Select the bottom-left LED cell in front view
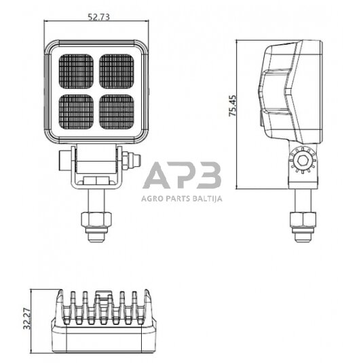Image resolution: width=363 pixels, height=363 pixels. click(76, 111)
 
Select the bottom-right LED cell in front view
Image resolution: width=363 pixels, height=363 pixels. click(117, 111)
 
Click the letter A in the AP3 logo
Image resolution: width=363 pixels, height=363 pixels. click(157, 176)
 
